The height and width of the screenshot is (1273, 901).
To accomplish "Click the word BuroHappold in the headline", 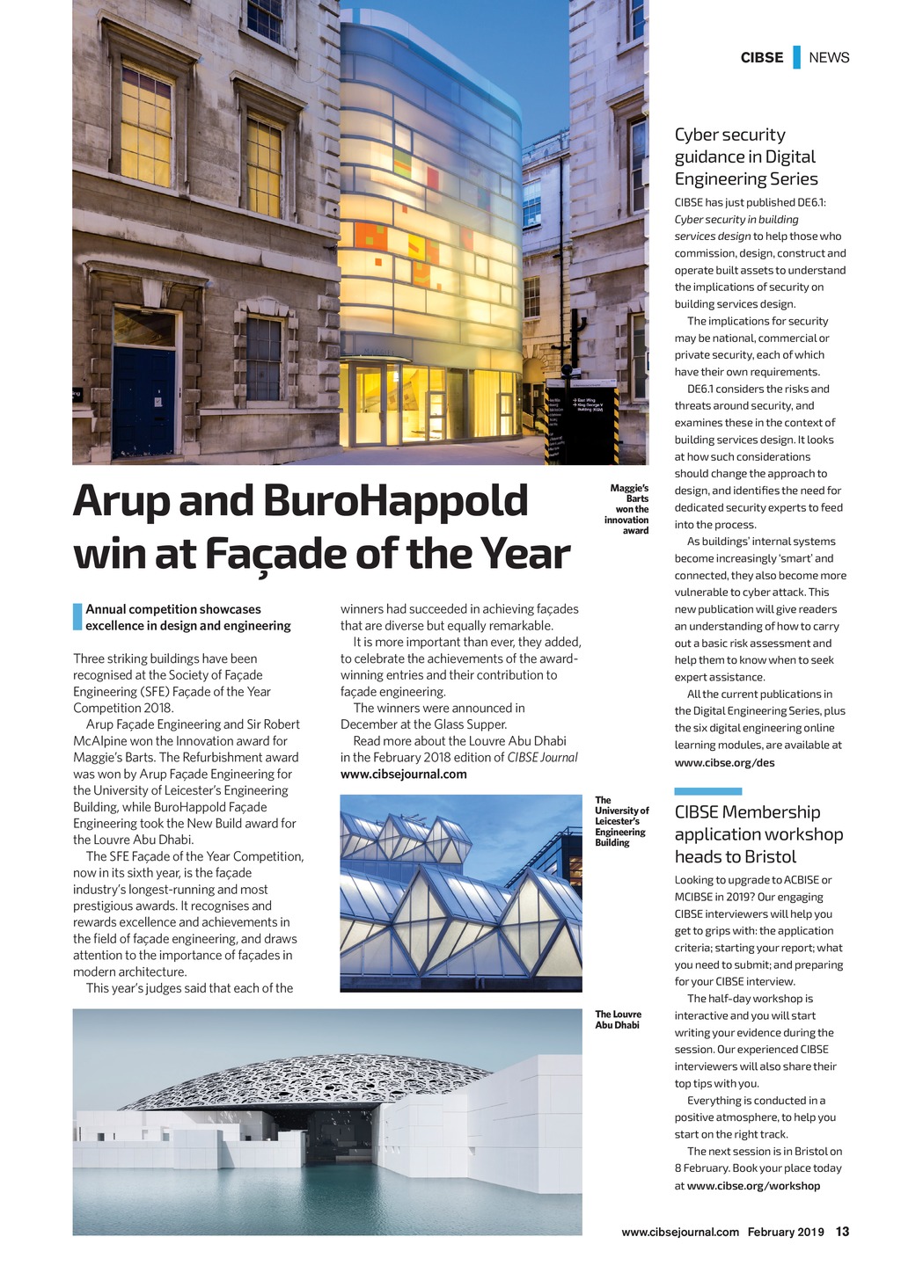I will click(395, 501).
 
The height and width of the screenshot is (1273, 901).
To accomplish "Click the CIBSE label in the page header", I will click(761, 58).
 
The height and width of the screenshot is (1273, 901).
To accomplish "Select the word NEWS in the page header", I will click(829, 58).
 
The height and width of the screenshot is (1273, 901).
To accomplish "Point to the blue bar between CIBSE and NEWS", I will click(796, 57).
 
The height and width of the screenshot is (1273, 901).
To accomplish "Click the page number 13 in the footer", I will click(842, 1232).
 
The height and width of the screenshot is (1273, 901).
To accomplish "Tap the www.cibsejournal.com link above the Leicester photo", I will click(404, 775).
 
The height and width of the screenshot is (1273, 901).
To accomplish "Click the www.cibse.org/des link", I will click(724, 762).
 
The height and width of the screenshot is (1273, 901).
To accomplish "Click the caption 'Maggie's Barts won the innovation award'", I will click(628, 510).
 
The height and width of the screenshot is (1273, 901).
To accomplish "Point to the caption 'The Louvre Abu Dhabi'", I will click(618, 1020).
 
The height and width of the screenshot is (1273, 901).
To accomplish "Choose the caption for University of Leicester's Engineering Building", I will click(621, 821).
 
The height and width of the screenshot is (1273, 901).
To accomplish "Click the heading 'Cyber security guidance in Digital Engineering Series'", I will click(746, 156).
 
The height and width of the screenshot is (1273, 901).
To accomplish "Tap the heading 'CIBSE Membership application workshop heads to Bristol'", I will click(758, 834).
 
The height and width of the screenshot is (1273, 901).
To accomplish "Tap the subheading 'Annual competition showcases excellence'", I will click(187, 617).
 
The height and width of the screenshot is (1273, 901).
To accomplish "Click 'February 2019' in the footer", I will click(786, 1232).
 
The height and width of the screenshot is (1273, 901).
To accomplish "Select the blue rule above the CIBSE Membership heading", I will click(708, 791).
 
